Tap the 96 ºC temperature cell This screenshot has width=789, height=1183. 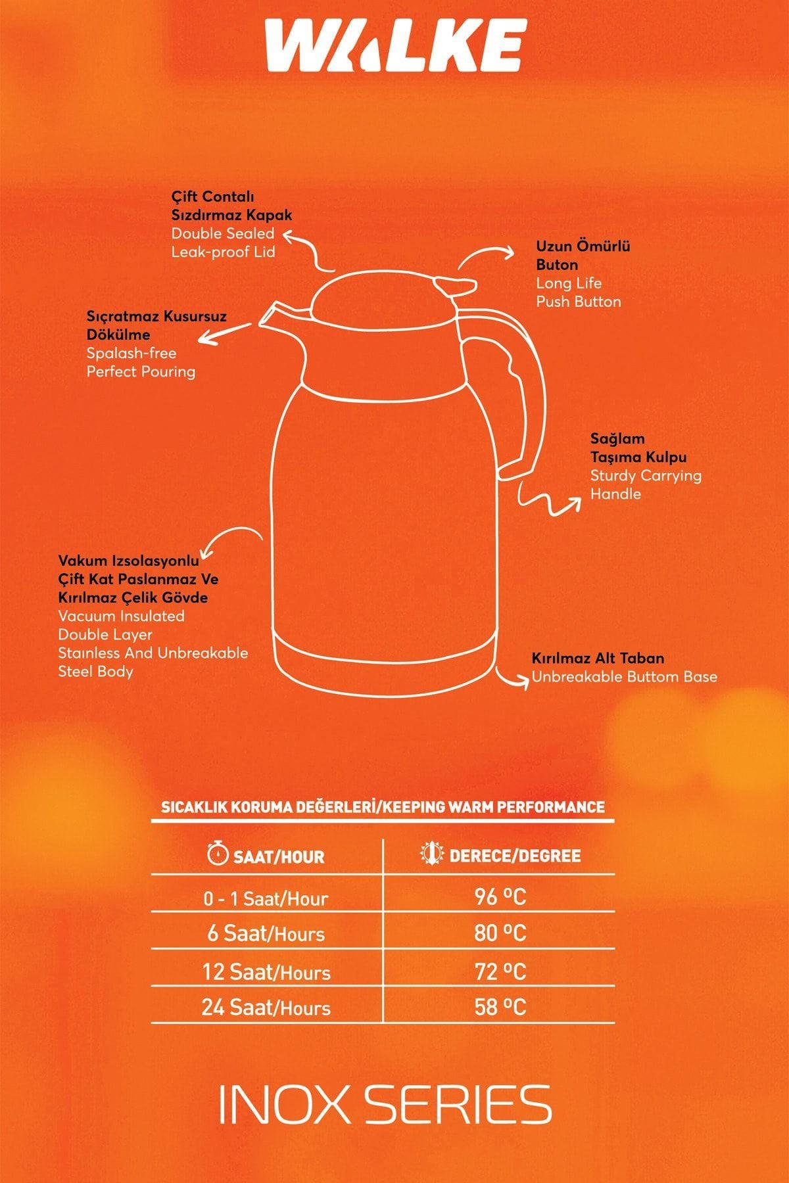(500, 897)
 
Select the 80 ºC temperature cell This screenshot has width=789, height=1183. (500, 934)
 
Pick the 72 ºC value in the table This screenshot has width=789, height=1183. (500, 971)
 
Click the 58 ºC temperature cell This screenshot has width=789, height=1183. (500, 1008)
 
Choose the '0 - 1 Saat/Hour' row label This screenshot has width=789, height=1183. (266, 898)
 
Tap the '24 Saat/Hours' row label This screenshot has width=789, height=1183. (266, 1008)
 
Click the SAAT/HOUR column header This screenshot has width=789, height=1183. (279, 856)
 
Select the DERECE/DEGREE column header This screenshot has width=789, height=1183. (515, 856)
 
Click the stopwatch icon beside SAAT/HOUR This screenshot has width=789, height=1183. (218, 854)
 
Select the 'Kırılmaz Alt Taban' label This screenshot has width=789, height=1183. (598, 658)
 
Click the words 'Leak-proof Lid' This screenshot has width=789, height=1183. (223, 252)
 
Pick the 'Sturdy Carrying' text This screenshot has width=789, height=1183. (646, 475)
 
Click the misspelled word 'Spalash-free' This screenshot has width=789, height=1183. (131, 353)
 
